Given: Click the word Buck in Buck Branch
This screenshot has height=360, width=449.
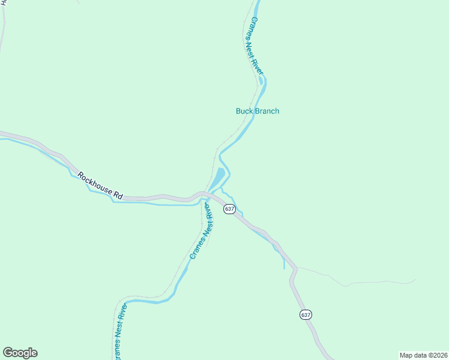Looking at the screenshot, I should point(244,111).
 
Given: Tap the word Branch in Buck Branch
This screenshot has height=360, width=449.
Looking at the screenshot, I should point(267,111).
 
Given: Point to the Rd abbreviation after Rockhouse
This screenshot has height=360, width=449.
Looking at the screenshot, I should point(118,195).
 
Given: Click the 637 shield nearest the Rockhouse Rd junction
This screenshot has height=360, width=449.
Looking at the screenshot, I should point(229,209).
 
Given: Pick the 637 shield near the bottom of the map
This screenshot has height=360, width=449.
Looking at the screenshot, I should point(306,315).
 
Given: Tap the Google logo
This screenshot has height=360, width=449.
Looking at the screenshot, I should point(20,353).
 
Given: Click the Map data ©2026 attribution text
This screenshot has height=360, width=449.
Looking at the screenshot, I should point(423,355).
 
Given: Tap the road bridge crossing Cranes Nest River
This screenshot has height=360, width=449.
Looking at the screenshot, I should point(205,194).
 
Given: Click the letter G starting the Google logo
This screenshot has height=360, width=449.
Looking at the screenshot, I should point(8,353).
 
